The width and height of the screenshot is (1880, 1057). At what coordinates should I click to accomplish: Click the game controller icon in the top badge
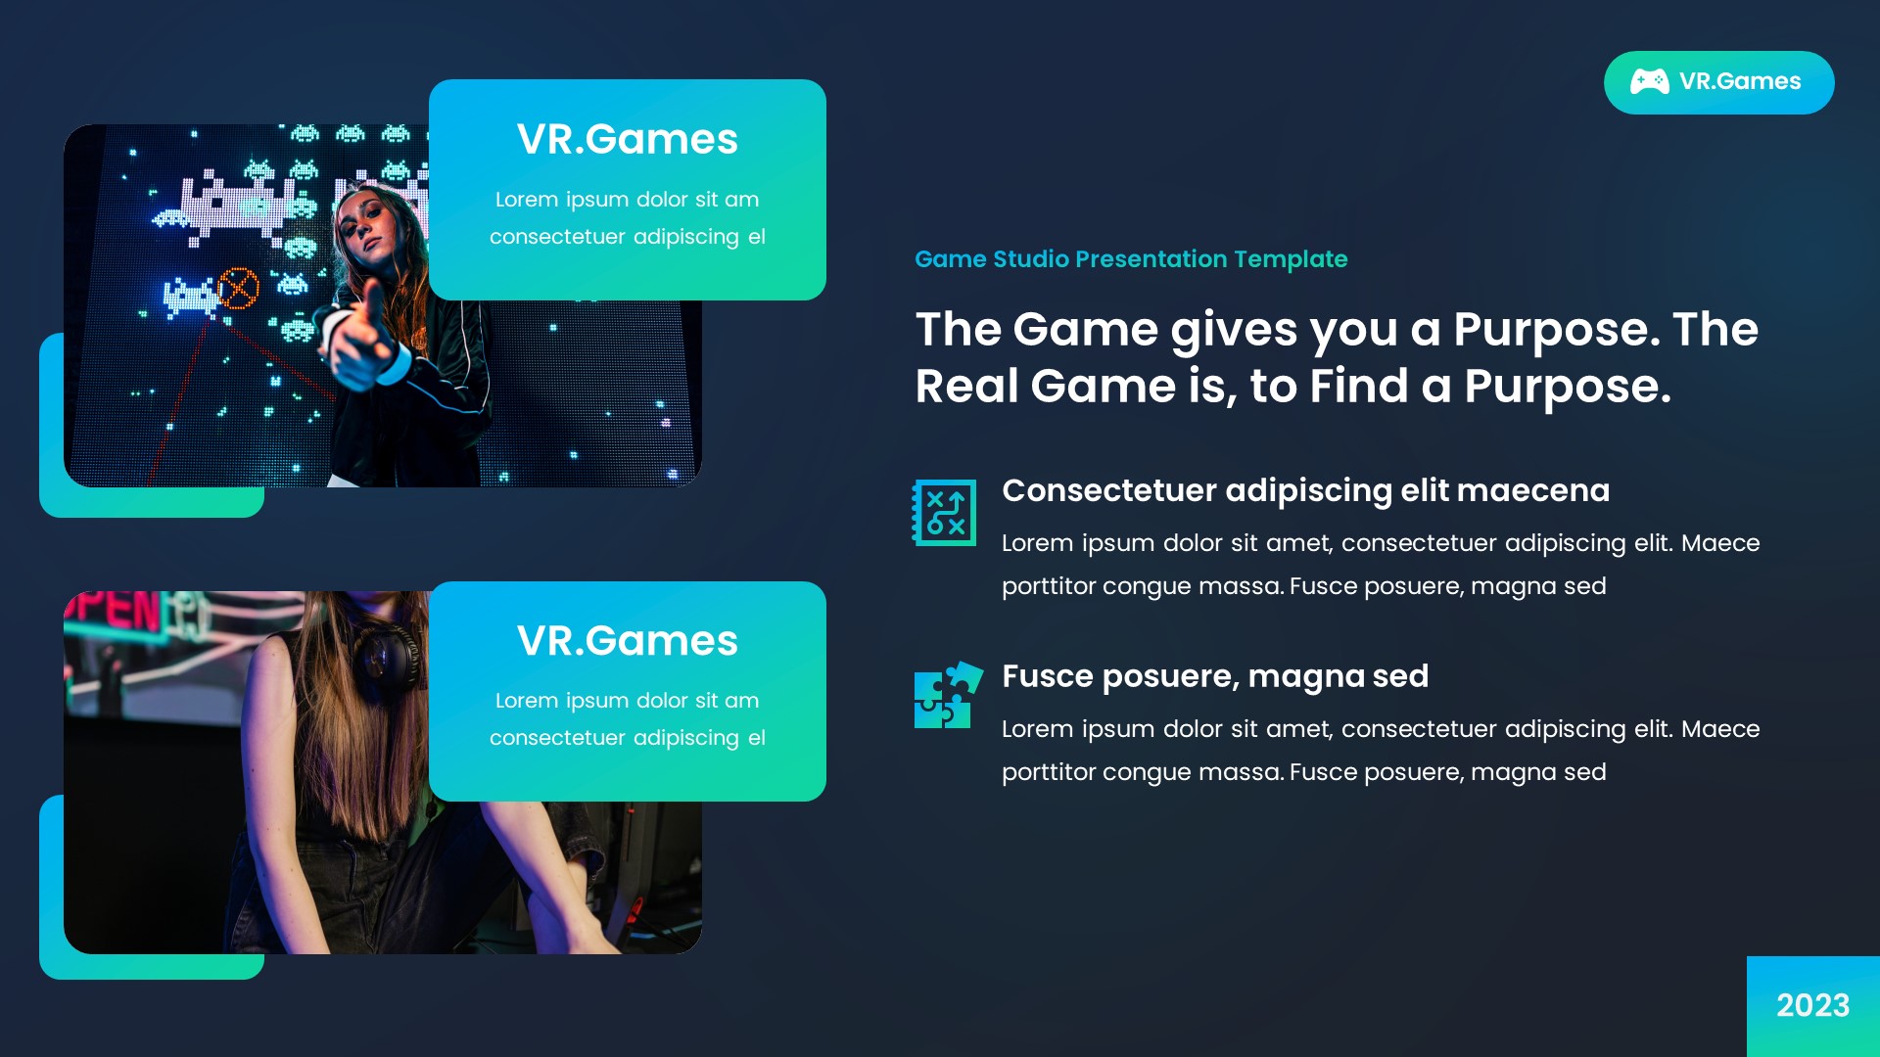point(1649,82)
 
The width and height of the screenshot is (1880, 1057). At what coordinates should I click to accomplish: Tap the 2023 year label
point(1812,1005)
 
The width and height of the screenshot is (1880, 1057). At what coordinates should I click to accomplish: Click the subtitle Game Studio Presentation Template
point(1130,259)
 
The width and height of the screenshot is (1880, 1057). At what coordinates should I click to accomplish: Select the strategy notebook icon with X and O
point(945,512)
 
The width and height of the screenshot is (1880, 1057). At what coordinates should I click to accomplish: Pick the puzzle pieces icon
point(947,695)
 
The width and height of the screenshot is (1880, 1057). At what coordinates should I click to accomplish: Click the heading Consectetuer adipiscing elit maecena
point(1305,490)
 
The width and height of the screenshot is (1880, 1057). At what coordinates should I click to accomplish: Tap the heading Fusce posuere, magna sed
point(1214,676)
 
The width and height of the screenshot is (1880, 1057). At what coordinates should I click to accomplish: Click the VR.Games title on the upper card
point(627,139)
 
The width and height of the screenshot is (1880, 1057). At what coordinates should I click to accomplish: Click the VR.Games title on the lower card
point(627,641)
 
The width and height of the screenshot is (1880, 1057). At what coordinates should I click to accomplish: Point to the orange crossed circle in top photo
point(238,288)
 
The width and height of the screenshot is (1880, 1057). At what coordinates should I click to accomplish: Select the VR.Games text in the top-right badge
point(1740,82)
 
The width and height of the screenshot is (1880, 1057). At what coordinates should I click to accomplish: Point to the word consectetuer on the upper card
point(557,238)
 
